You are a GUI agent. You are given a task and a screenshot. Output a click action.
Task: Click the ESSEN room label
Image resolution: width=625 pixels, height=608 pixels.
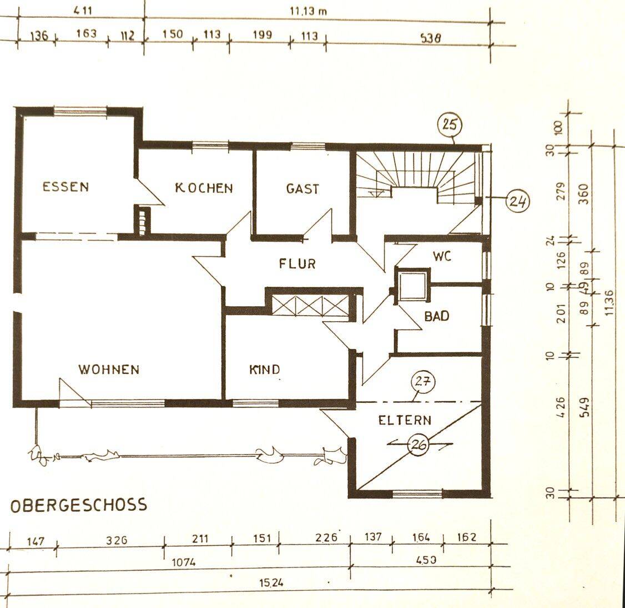65,187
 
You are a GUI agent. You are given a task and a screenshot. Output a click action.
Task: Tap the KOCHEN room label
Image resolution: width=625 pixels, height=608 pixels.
204,188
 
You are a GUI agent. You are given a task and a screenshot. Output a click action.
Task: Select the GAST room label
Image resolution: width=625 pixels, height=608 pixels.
303,188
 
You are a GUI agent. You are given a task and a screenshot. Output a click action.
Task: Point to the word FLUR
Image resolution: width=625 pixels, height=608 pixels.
297,263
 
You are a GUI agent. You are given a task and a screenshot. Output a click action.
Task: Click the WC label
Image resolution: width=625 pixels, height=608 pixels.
442,256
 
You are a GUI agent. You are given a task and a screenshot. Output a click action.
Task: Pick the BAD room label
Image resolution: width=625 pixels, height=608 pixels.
436,316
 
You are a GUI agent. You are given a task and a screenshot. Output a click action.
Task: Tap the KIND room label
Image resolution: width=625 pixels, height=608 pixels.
265,370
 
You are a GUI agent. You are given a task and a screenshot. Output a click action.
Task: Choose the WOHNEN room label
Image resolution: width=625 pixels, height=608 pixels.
109,369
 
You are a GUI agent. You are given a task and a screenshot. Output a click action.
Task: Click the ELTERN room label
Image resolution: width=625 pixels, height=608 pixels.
405,420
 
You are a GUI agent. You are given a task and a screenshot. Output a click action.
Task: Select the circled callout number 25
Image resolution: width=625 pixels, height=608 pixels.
450,124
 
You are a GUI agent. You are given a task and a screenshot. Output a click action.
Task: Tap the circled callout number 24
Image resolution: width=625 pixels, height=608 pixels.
517,201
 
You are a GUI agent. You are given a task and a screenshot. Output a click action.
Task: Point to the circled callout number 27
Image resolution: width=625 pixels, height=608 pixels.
423,382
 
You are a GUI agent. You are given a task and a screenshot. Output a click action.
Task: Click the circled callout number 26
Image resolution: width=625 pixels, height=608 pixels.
419,443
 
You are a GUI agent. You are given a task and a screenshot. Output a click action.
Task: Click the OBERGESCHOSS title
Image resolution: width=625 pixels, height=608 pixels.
78,505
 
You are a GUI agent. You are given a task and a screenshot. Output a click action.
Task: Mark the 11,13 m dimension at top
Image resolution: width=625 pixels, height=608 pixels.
308,11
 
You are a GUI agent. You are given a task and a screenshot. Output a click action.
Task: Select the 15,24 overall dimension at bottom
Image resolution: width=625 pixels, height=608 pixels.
271,583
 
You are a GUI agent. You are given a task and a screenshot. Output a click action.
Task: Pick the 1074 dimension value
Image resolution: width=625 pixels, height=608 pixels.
184,562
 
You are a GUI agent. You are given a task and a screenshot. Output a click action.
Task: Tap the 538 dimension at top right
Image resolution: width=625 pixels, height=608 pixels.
431,38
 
